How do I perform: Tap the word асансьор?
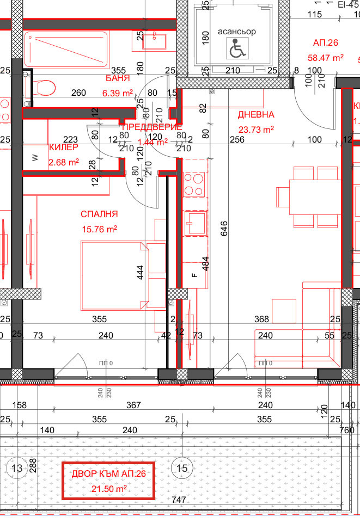tap(236, 32)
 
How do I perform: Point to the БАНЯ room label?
tap(117, 78)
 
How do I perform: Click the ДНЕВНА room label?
tap(255, 115)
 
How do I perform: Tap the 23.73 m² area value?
tap(256, 130)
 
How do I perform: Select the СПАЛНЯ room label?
tap(98, 214)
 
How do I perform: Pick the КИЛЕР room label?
tap(63, 147)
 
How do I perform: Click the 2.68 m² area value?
tap(64, 162)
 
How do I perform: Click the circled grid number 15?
tap(181, 467)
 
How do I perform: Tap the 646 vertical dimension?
tap(223, 231)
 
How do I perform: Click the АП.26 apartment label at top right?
tap(325, 42)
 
